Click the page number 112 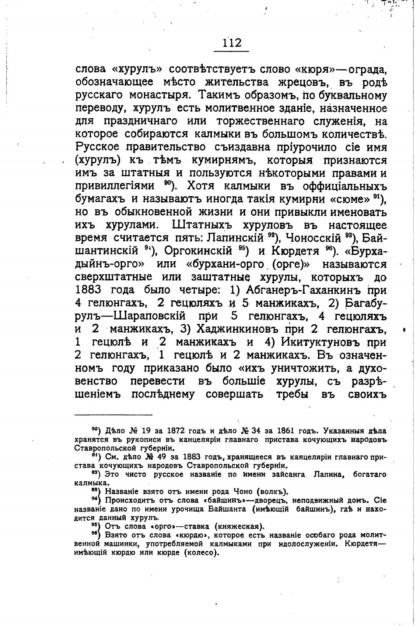click(232, 43)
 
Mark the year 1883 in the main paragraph click(88, 290)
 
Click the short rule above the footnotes click(113, 414)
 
